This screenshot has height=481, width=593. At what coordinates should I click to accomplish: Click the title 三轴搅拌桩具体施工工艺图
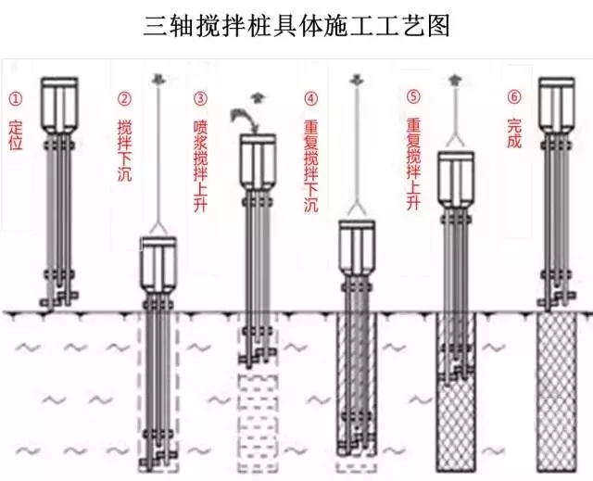[x=296, y=25]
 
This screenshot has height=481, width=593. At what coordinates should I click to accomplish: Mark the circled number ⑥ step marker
[x=515, y=96]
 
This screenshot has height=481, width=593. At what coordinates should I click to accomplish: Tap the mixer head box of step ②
[x=158, y=263]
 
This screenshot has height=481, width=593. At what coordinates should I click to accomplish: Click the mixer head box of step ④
[x=357, y=248]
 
